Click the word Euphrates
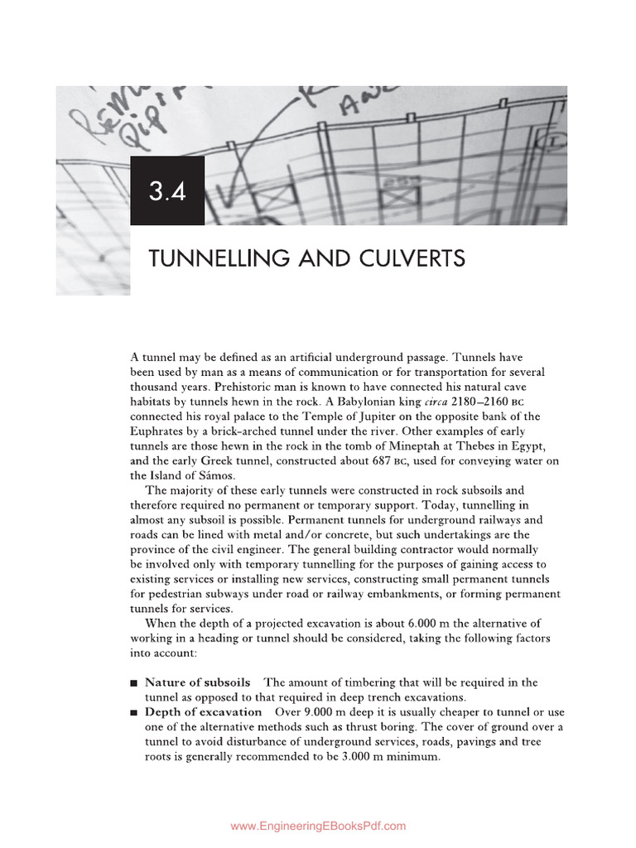pyautogui.click(x=158, y=431)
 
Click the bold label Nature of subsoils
pyautogui.click(x=197, y=682)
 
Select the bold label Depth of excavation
pyautogui.click(x=203, y=712)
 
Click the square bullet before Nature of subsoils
pyautogui.click(x=134, y=683)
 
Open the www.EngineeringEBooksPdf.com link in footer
pyautogui.click(x=318, y=826)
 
